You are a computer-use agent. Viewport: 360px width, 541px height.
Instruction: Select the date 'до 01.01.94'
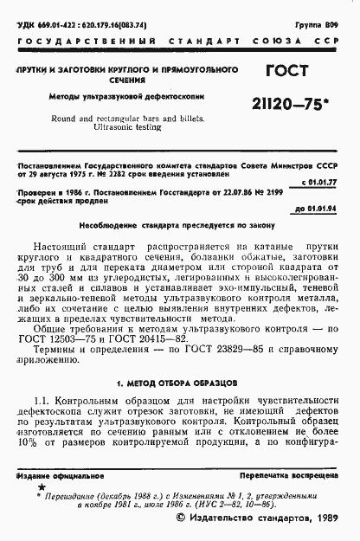pos(322,210)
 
